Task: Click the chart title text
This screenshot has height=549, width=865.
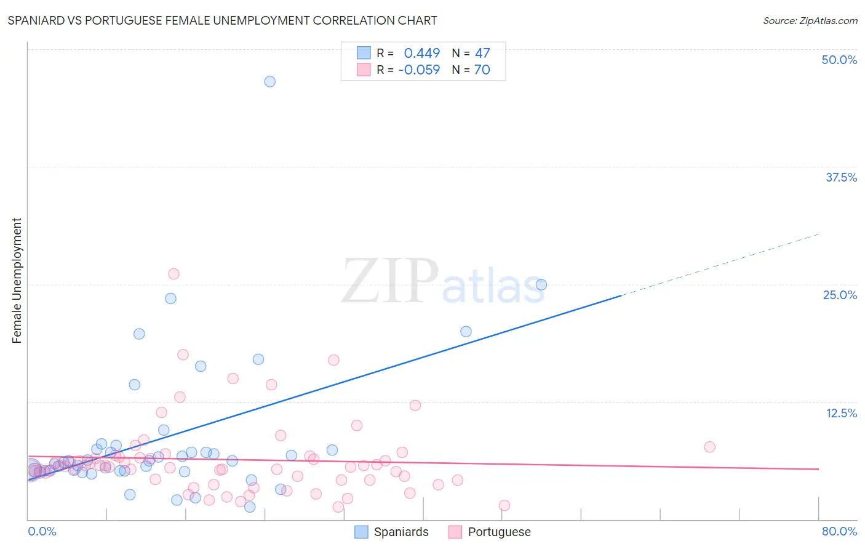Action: pos(222,20)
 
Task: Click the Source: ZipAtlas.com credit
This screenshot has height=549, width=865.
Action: pos(810,20)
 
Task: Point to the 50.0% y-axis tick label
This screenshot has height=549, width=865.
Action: pos(839,60)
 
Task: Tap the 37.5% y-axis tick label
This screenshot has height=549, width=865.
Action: pos(841,177)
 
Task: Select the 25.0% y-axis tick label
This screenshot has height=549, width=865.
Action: pos(840,295)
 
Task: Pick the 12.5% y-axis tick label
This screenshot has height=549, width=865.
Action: pos(841,413)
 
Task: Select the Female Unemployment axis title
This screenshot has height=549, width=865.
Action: pos(17,281)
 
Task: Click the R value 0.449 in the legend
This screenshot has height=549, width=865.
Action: pos(421,53)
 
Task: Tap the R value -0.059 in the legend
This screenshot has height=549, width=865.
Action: pos(419,70)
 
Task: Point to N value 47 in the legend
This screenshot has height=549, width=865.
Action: pos(482,53)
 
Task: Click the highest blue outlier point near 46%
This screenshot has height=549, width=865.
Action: pos(269,81)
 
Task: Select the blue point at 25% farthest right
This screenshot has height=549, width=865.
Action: pos(541,284)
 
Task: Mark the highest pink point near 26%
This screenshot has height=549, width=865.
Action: pos(173,274)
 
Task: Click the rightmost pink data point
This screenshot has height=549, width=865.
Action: pos(709,447)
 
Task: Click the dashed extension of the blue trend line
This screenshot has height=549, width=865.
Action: pos(720,265)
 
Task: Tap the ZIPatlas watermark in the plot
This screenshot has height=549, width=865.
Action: pos(443,281)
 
